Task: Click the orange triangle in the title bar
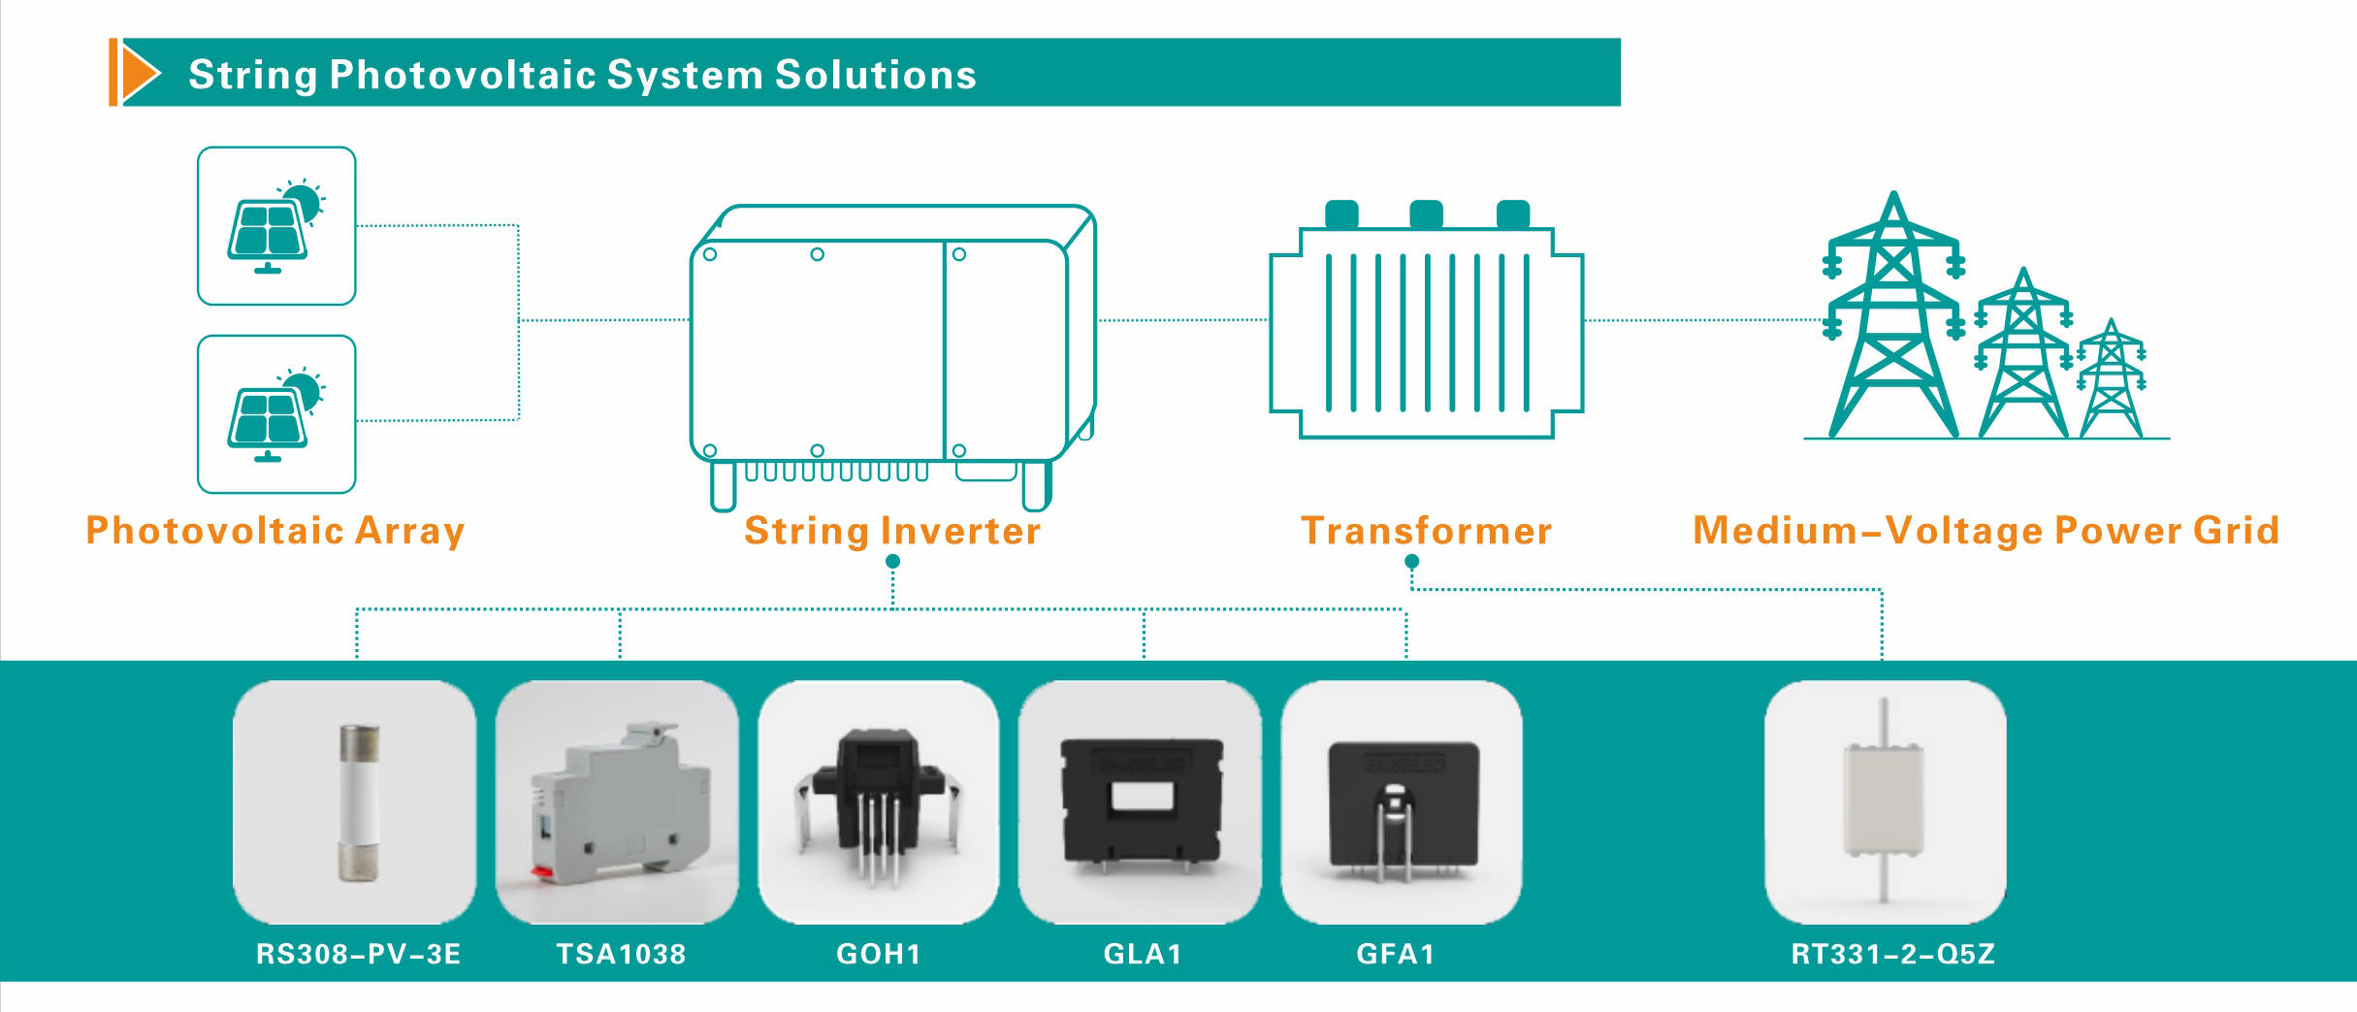(139, 73)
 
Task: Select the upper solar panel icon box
(276, 226)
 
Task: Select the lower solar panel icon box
(276, 414)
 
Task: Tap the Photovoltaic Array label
(275, 531)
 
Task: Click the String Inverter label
(892, 531)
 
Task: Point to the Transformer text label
(1426, 531)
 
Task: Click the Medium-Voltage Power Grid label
(1986, 531)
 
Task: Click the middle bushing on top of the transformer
(1426, 213)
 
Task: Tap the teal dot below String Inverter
(893, 562)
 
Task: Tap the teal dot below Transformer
(1412, 562)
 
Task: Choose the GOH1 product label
(879, 954)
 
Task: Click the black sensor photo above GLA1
(1141, 802)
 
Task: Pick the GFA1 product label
(1396, 954)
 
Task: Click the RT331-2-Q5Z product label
(1892, 954)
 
